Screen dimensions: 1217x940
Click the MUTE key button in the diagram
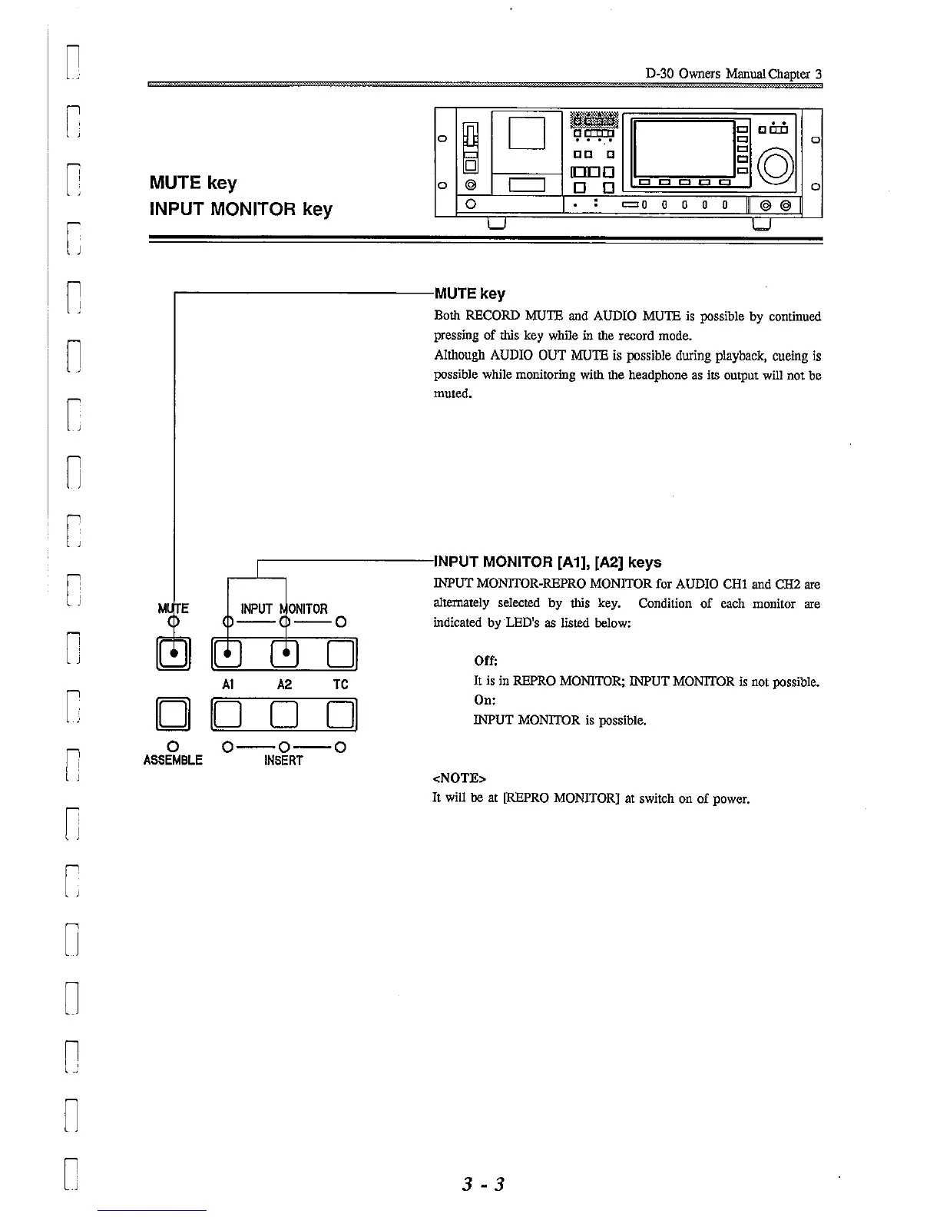pos(174,655)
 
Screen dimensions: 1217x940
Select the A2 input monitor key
pos(285,655)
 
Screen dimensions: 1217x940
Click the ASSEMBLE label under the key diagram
pos(173,761)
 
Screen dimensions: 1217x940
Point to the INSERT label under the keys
pos(283,761)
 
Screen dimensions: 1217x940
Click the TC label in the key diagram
pos(341,685)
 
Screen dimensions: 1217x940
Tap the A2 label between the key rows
pos(284,685)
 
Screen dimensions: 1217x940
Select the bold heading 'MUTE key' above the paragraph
pos(470,294)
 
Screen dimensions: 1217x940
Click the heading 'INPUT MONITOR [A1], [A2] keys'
pos(548,562)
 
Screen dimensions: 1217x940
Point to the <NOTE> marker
pos(459,778)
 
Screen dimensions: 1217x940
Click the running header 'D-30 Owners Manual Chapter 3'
pos(733,75)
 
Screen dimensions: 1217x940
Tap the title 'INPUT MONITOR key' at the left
pos(240,210)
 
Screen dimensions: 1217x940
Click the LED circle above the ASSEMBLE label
pos(173,746)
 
